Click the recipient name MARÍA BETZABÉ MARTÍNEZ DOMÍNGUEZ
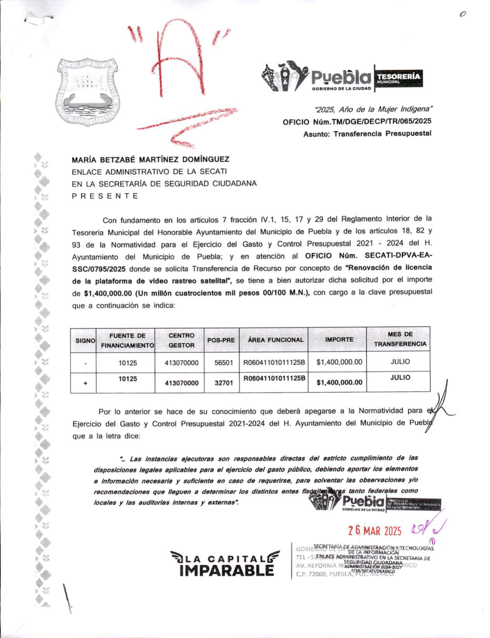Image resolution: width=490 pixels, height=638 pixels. [150, 159]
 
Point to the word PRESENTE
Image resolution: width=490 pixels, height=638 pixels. [105, 196]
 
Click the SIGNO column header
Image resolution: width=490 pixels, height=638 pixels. [85, 340]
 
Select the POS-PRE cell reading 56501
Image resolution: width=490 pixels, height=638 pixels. [224, 363]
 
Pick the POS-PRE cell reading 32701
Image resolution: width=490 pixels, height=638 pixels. [224, 383]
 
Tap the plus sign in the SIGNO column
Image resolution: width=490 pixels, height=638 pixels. [85, 383]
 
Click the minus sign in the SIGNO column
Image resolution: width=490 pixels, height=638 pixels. [85, 364]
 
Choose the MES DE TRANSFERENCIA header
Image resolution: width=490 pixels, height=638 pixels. [400, 339]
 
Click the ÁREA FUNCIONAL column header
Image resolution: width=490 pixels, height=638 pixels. [276, 340]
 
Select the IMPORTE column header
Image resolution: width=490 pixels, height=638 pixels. [339, 340]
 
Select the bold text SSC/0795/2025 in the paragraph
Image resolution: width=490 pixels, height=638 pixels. [99, 269]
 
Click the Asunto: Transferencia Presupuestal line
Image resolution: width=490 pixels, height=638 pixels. [367, 134]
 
